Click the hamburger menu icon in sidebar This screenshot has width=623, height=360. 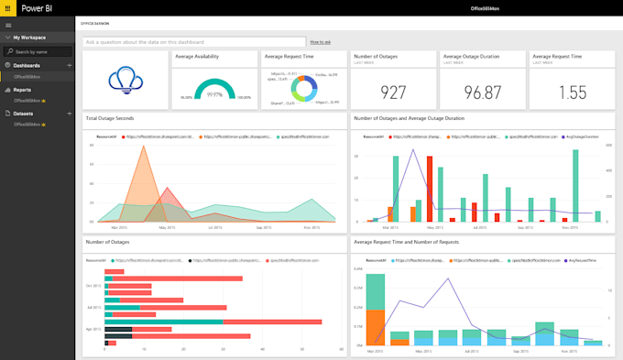coord(8,25)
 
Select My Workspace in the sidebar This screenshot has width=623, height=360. coord(30,38)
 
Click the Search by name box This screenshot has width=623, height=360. coord(40,51)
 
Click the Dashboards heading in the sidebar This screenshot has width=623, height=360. coord(27,66)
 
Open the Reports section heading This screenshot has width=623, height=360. coord(23,90)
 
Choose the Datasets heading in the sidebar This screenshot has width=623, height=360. coord(24,113)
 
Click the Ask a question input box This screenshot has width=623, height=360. coord(192,42)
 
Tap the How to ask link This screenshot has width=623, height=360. coord(320,42)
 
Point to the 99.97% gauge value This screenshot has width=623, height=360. coord(215,94)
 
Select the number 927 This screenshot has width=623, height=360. coord(392,93)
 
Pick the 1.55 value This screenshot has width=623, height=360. coord(572,93)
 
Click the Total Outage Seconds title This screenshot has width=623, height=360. coord(110,119)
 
